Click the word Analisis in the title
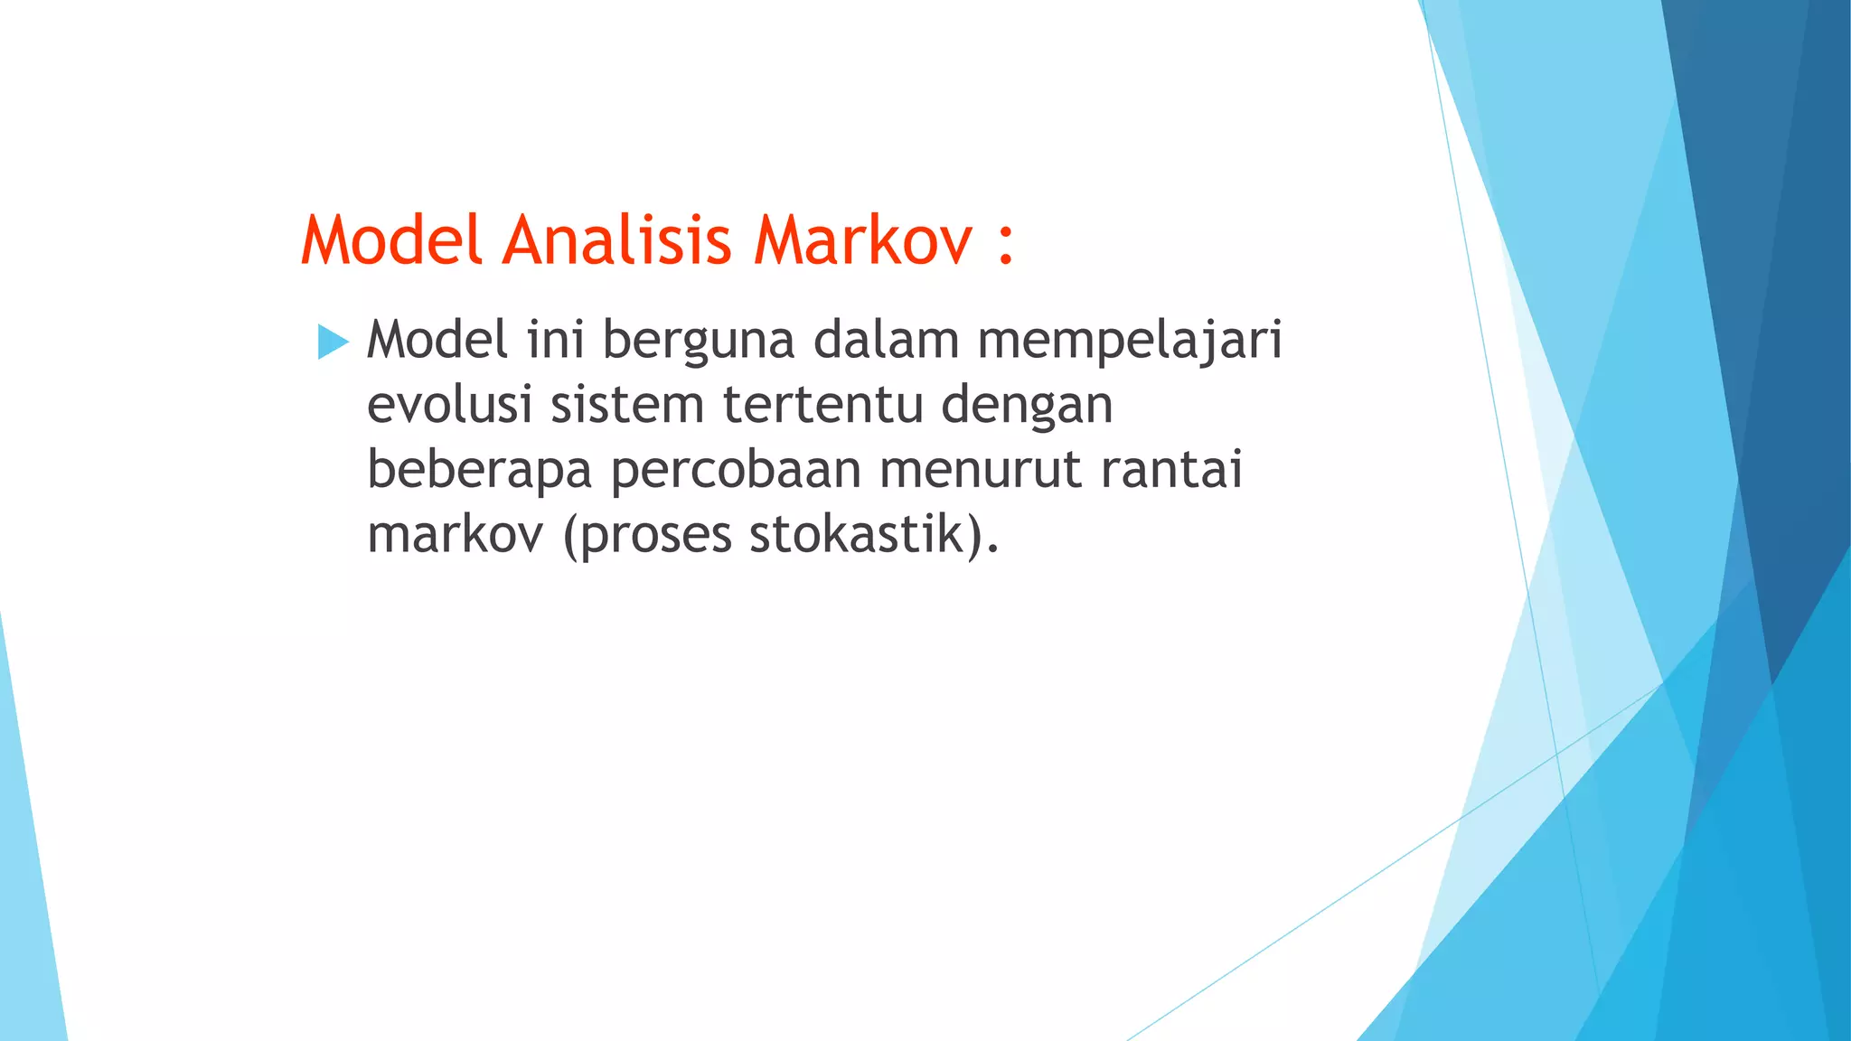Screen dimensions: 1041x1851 pyautogui.click(x=616, y=240)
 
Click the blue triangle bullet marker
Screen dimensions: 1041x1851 pyautogui.click(x=333, y=342)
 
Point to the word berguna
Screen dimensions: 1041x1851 pyautogui.click(x=698, y=342)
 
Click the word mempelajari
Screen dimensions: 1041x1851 pyautogui.click(x=1130, y=342)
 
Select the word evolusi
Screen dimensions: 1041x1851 pyautogui.click(x=449, y=404)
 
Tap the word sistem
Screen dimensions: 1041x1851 pyautogui.click(x=627, y=404)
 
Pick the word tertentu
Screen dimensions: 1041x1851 pyautogui.click(x=822, y=404)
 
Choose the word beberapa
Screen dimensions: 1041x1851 pyautogui.click(x=479, y=470)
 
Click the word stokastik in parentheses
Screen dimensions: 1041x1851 pyautogui.click(x=857, y=534)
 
